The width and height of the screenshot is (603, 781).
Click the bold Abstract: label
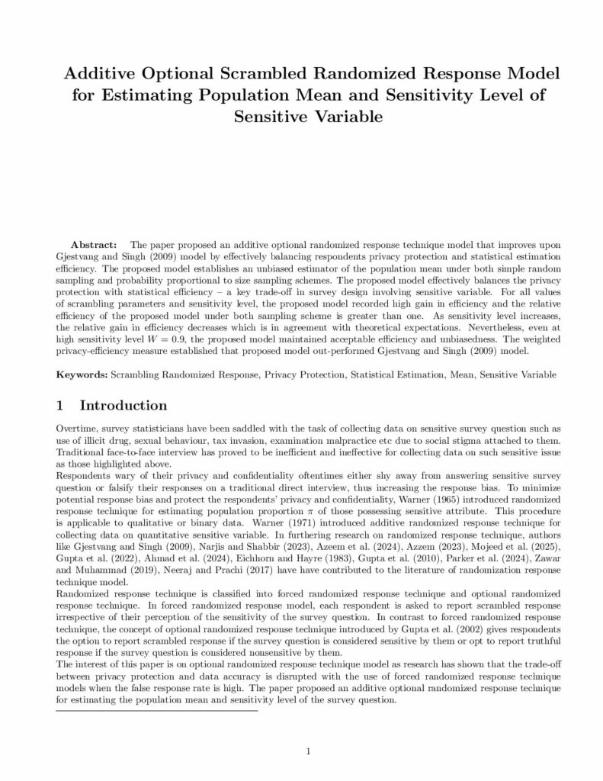[x=94, y=246]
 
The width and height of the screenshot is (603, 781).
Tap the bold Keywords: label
[x=82, y=374]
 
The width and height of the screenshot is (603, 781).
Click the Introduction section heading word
[x=123, y=405]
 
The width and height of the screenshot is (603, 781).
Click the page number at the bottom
[x=308, y=751]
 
